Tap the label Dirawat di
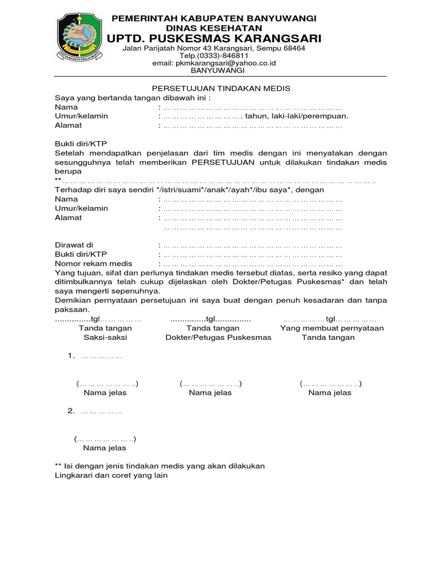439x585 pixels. click(x=74, y=245)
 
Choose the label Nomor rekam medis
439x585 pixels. click(x=94, y=263)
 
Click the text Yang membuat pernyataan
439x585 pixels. click(x=332, y=328)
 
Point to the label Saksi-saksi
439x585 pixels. click(x=105, y=338)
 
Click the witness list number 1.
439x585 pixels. click(x=70, y=356)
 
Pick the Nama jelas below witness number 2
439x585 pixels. click(x=105, y=448)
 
